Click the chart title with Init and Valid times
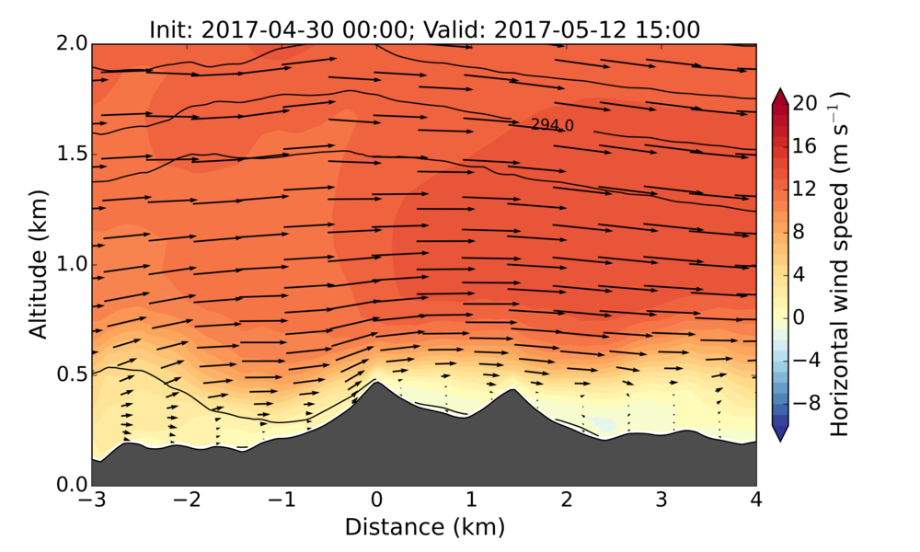tap(424, 29)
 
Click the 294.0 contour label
tap(552, 125)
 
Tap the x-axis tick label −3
tap(91, 501)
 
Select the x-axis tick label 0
tap(376, 501)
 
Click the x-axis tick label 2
tap(566, 501)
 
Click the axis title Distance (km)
tap(424, 527)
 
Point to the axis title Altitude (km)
tap(38, 264)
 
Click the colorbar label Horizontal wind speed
tap(840, 264)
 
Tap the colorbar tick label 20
tap(805, 104)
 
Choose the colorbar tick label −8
tap(805, 402)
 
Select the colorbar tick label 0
tap(799, 316)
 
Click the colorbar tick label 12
tap(805, 189)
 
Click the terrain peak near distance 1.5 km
tap(512, 390)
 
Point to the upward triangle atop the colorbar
tap(779, 95)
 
